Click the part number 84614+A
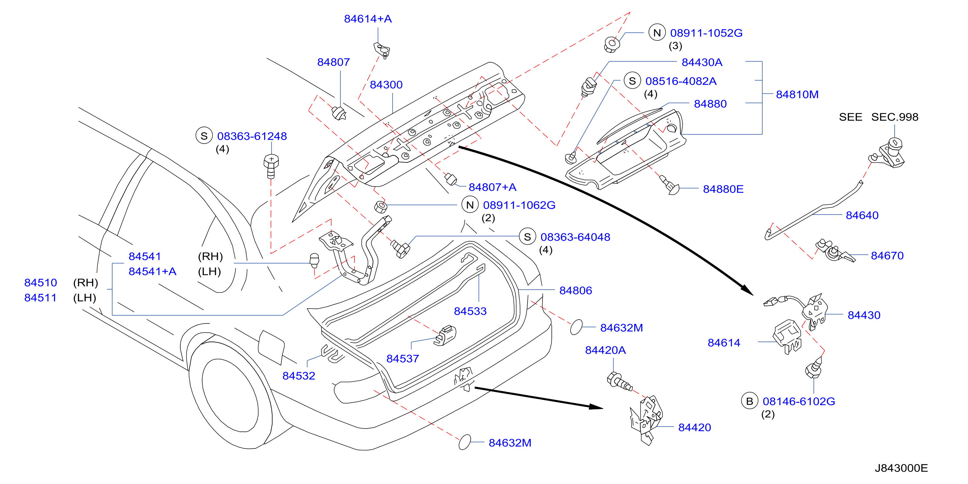pos(368,19)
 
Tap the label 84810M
pos(797,94)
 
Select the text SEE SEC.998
pos(879,117)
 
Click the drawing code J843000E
pos(901,468)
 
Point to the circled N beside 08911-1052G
pos(657,33)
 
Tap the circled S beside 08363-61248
pos(204,136)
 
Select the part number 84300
pos(386,84)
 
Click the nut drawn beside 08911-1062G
pos(381,207)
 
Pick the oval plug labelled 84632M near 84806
pos(576,327)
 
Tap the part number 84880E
pos(723,189)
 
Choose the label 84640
pos(862,215)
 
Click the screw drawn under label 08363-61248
pos(271,166)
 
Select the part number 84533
pos(470,311)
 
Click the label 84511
pos(40,298)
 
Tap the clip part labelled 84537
pos(445,335)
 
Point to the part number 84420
pos(694,427)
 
